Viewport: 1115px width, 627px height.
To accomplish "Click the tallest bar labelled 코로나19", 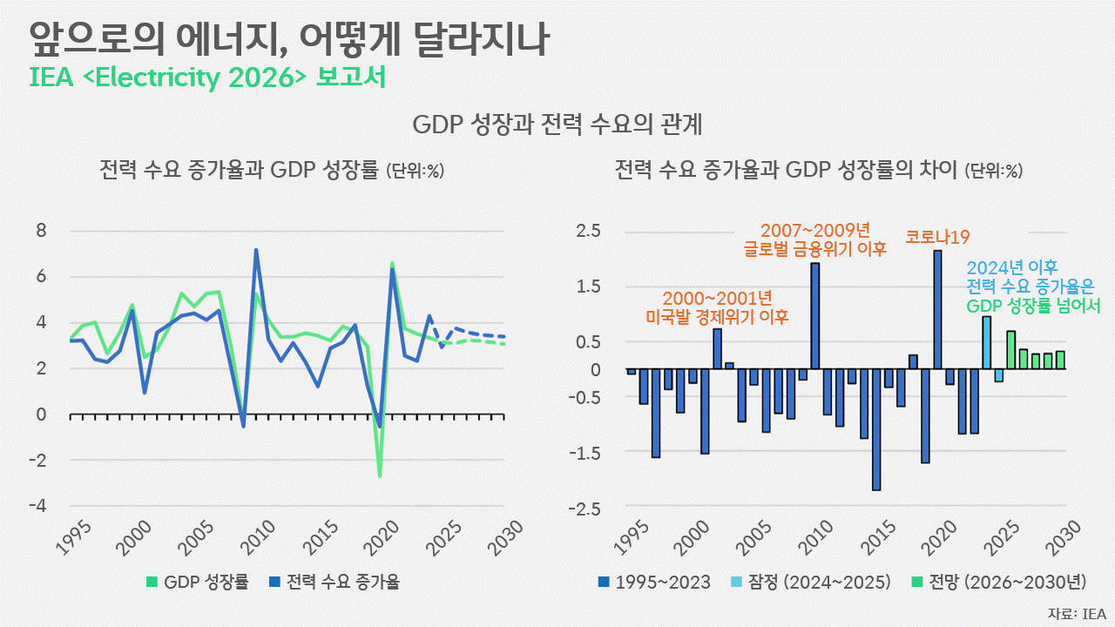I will tap(937, 309).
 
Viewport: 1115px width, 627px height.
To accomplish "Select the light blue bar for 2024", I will tap(986, 342).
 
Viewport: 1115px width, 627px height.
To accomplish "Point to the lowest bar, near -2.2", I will tap(876, 429).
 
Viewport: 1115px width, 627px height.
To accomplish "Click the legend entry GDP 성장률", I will tap(199, 582).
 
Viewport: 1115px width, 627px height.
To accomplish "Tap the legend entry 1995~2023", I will tap(654, 582).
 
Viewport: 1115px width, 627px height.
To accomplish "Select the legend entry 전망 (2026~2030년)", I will tap(1000, 582).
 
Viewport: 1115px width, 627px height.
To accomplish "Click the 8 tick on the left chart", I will tap(40, 231).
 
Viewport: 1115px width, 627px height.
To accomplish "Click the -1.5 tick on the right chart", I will tap(584, 453).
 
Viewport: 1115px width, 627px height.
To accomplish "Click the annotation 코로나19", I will tap(937, 236).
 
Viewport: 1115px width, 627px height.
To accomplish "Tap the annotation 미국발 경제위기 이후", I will tap(717, 316).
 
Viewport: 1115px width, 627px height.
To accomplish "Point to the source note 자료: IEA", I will tap(1077, 613).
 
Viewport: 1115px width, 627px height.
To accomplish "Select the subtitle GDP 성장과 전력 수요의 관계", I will tap(557, 125).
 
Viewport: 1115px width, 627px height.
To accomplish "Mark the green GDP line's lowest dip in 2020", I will tap(380, 475).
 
